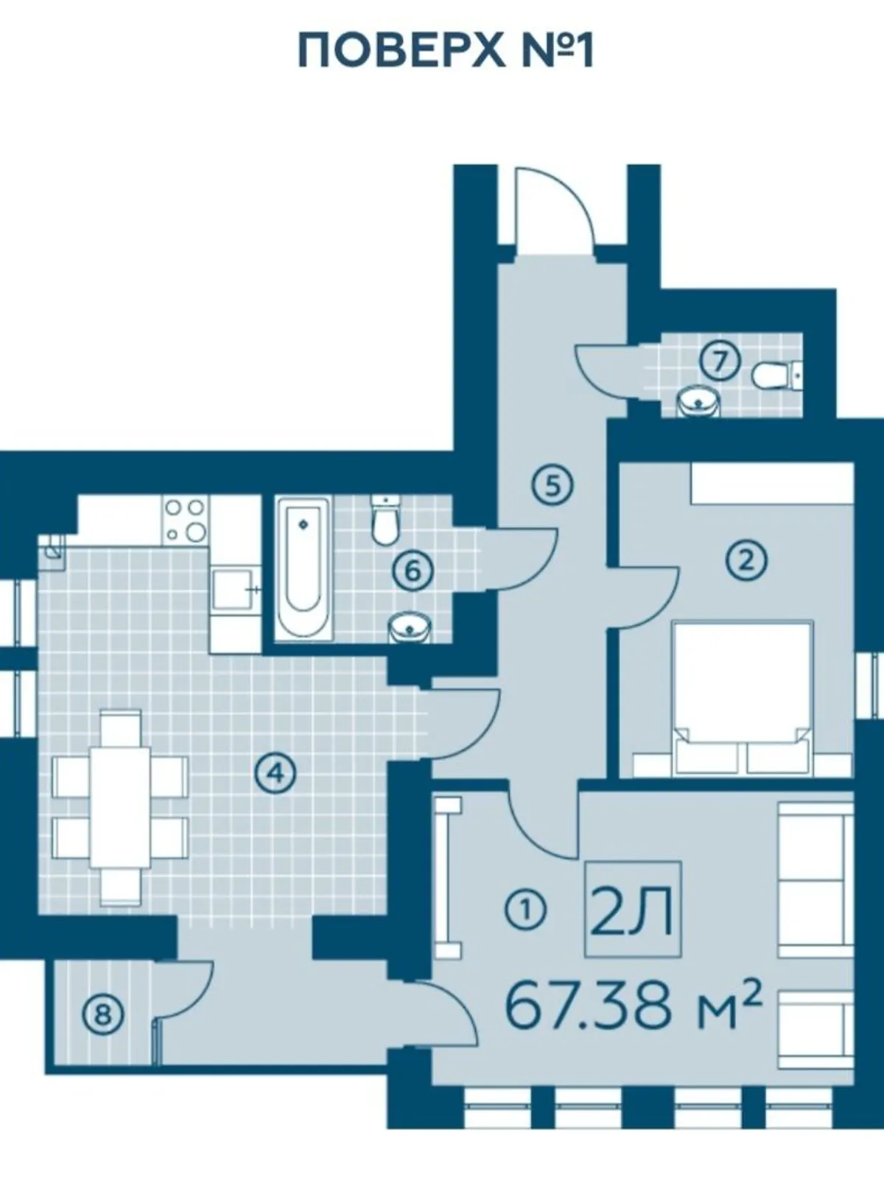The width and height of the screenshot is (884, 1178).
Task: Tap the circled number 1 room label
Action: [525, 911]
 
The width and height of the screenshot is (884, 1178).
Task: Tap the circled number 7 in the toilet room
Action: [720, 362]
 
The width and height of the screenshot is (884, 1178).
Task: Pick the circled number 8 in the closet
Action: [102, 1015]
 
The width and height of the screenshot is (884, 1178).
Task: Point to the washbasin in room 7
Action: [697, 402]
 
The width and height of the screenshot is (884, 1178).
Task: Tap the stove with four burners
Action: [185, 520]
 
